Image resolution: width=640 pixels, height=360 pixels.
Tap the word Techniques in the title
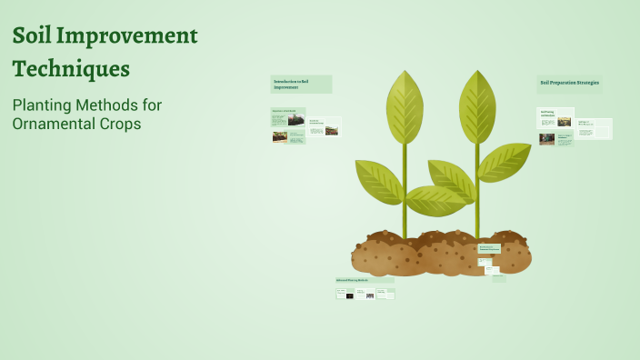71,69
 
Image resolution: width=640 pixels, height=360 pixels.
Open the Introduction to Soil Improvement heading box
301,84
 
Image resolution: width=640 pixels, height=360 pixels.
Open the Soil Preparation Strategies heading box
569,84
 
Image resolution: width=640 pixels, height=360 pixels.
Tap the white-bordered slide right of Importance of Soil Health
325,126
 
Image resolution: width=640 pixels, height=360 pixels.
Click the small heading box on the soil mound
489,247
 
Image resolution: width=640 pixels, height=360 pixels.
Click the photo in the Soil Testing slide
547,139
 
